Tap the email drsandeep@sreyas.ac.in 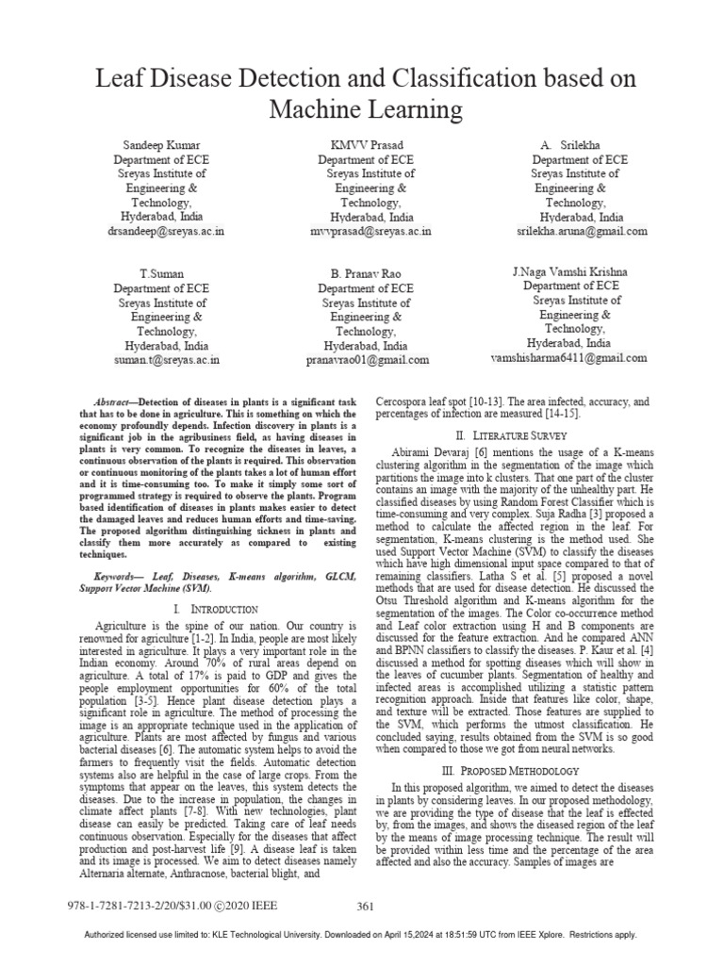[x=166, y=230]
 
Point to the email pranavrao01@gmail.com [x=367, y=360]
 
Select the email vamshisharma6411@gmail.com [x=569, y=358]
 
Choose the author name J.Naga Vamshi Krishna [x=569, y=271]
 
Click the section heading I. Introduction [x=215, y=611]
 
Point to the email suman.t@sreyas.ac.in [x=166, y=359]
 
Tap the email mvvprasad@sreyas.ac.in [x=370, y=230]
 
